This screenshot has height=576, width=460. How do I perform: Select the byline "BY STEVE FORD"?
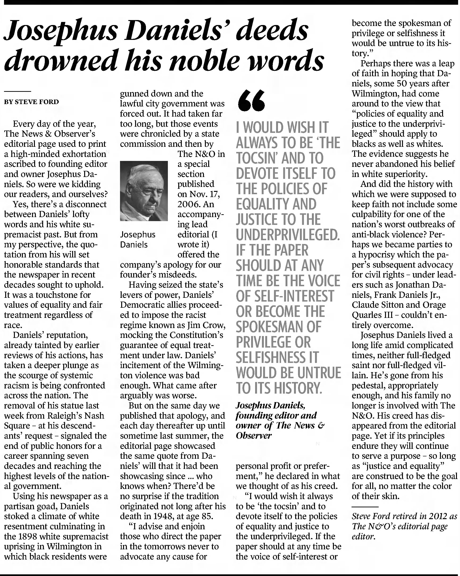coord(32,102)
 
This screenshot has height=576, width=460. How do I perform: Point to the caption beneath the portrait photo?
coord(137,239)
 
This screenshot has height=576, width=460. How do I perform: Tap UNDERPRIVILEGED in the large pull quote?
coord(288,235)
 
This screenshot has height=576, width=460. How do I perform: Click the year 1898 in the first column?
coord(33,536)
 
